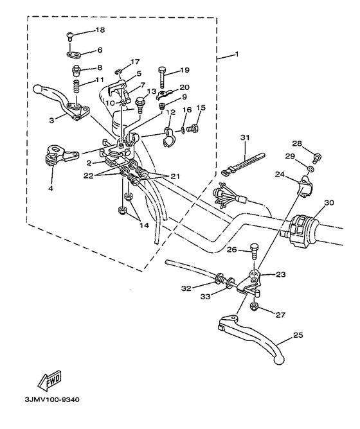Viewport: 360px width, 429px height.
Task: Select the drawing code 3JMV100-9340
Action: point(52,400)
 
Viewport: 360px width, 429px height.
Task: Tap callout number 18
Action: point(100,30)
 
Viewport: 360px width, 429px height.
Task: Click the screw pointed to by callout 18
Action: point(69,37)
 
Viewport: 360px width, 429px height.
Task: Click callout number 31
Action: point(245,137)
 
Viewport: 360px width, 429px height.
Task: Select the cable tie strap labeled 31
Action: point(243,164)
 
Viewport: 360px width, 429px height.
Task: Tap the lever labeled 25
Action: point(252,338)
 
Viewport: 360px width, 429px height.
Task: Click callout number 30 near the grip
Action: point(329,203)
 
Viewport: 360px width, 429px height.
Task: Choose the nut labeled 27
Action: point(254,306)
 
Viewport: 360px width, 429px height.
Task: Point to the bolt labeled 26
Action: point(254,250)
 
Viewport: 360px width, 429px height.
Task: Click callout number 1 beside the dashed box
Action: point(237,54)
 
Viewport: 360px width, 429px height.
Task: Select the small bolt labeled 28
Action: point(318,157)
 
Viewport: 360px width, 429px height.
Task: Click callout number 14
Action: point(144,225)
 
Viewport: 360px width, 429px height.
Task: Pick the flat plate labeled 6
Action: point(74,55)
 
